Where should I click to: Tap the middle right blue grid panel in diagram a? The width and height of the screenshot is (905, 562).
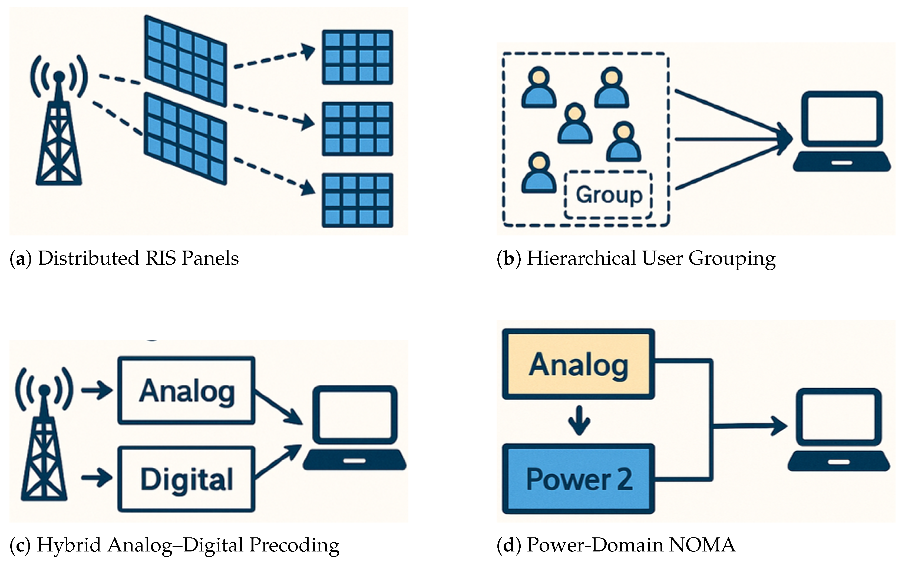tap(357, 129)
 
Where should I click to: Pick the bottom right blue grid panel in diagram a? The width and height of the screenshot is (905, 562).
tap(357, 200)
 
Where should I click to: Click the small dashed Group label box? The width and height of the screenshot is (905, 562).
tap(608, 195)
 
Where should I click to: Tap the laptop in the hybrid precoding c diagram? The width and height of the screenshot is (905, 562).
tap(355, 427)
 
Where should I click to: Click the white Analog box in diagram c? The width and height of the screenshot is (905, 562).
tap(187, 390)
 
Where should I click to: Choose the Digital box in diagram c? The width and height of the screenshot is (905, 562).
tap(187, 479)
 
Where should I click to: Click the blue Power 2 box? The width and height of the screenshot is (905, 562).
tap(578, 479)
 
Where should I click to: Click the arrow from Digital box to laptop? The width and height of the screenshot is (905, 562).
tap(278, 461)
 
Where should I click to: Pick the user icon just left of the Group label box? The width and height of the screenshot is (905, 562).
tap(539, 173)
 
